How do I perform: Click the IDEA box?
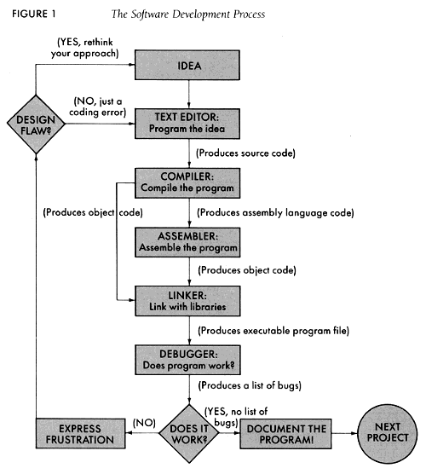(187, 66)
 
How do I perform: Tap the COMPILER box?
(187, 181)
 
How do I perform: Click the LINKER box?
(187, 299)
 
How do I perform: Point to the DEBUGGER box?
(187, 359)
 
